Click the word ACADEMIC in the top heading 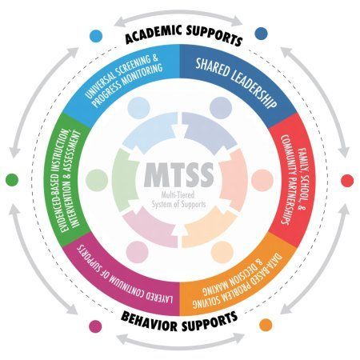point(154,34)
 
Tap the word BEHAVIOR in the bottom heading point(150,322)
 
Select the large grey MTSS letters point(179,175)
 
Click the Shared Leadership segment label point(236,82)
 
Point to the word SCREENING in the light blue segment point(131,70)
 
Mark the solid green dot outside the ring point(12,180)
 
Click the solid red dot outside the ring point(347,181)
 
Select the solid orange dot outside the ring point(266,325)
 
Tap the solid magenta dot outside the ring point(95,326)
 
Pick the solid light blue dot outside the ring point(96,36)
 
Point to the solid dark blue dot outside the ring point(261,34)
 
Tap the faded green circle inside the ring point(97,180)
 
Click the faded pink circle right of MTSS point(262,180)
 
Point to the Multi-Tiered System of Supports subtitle point(178,200)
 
